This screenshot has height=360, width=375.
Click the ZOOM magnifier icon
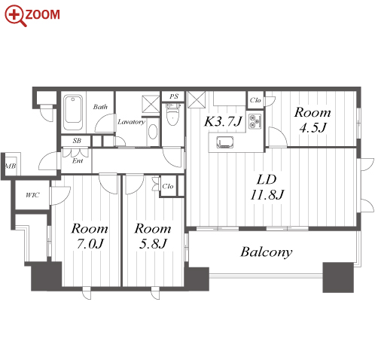point(15,16)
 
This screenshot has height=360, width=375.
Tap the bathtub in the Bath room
point(73,112)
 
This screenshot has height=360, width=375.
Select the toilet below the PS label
point(173,114)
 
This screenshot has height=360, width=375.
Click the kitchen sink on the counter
point(225,142)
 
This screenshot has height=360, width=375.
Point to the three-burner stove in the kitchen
point(255,121)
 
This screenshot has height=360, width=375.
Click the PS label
point(174,96)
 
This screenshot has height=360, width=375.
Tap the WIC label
point(32,195)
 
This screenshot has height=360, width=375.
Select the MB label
point(11,166)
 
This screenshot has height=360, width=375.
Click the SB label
point(77,141)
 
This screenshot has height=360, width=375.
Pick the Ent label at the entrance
point(78,161)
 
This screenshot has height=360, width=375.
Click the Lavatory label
point(131,122)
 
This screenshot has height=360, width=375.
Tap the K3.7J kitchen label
point(223,121)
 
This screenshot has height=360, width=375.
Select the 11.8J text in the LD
point(267,194)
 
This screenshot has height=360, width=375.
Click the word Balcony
point(267,252)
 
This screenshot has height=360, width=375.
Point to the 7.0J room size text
point(90,243)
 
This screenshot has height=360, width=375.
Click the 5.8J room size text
point(153,243)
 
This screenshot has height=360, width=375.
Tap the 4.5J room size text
point(312,127)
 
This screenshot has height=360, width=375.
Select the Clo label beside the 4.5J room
point(255,100)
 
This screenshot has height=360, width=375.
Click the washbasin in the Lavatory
point(153,132)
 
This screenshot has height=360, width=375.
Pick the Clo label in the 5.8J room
point(168,186)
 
